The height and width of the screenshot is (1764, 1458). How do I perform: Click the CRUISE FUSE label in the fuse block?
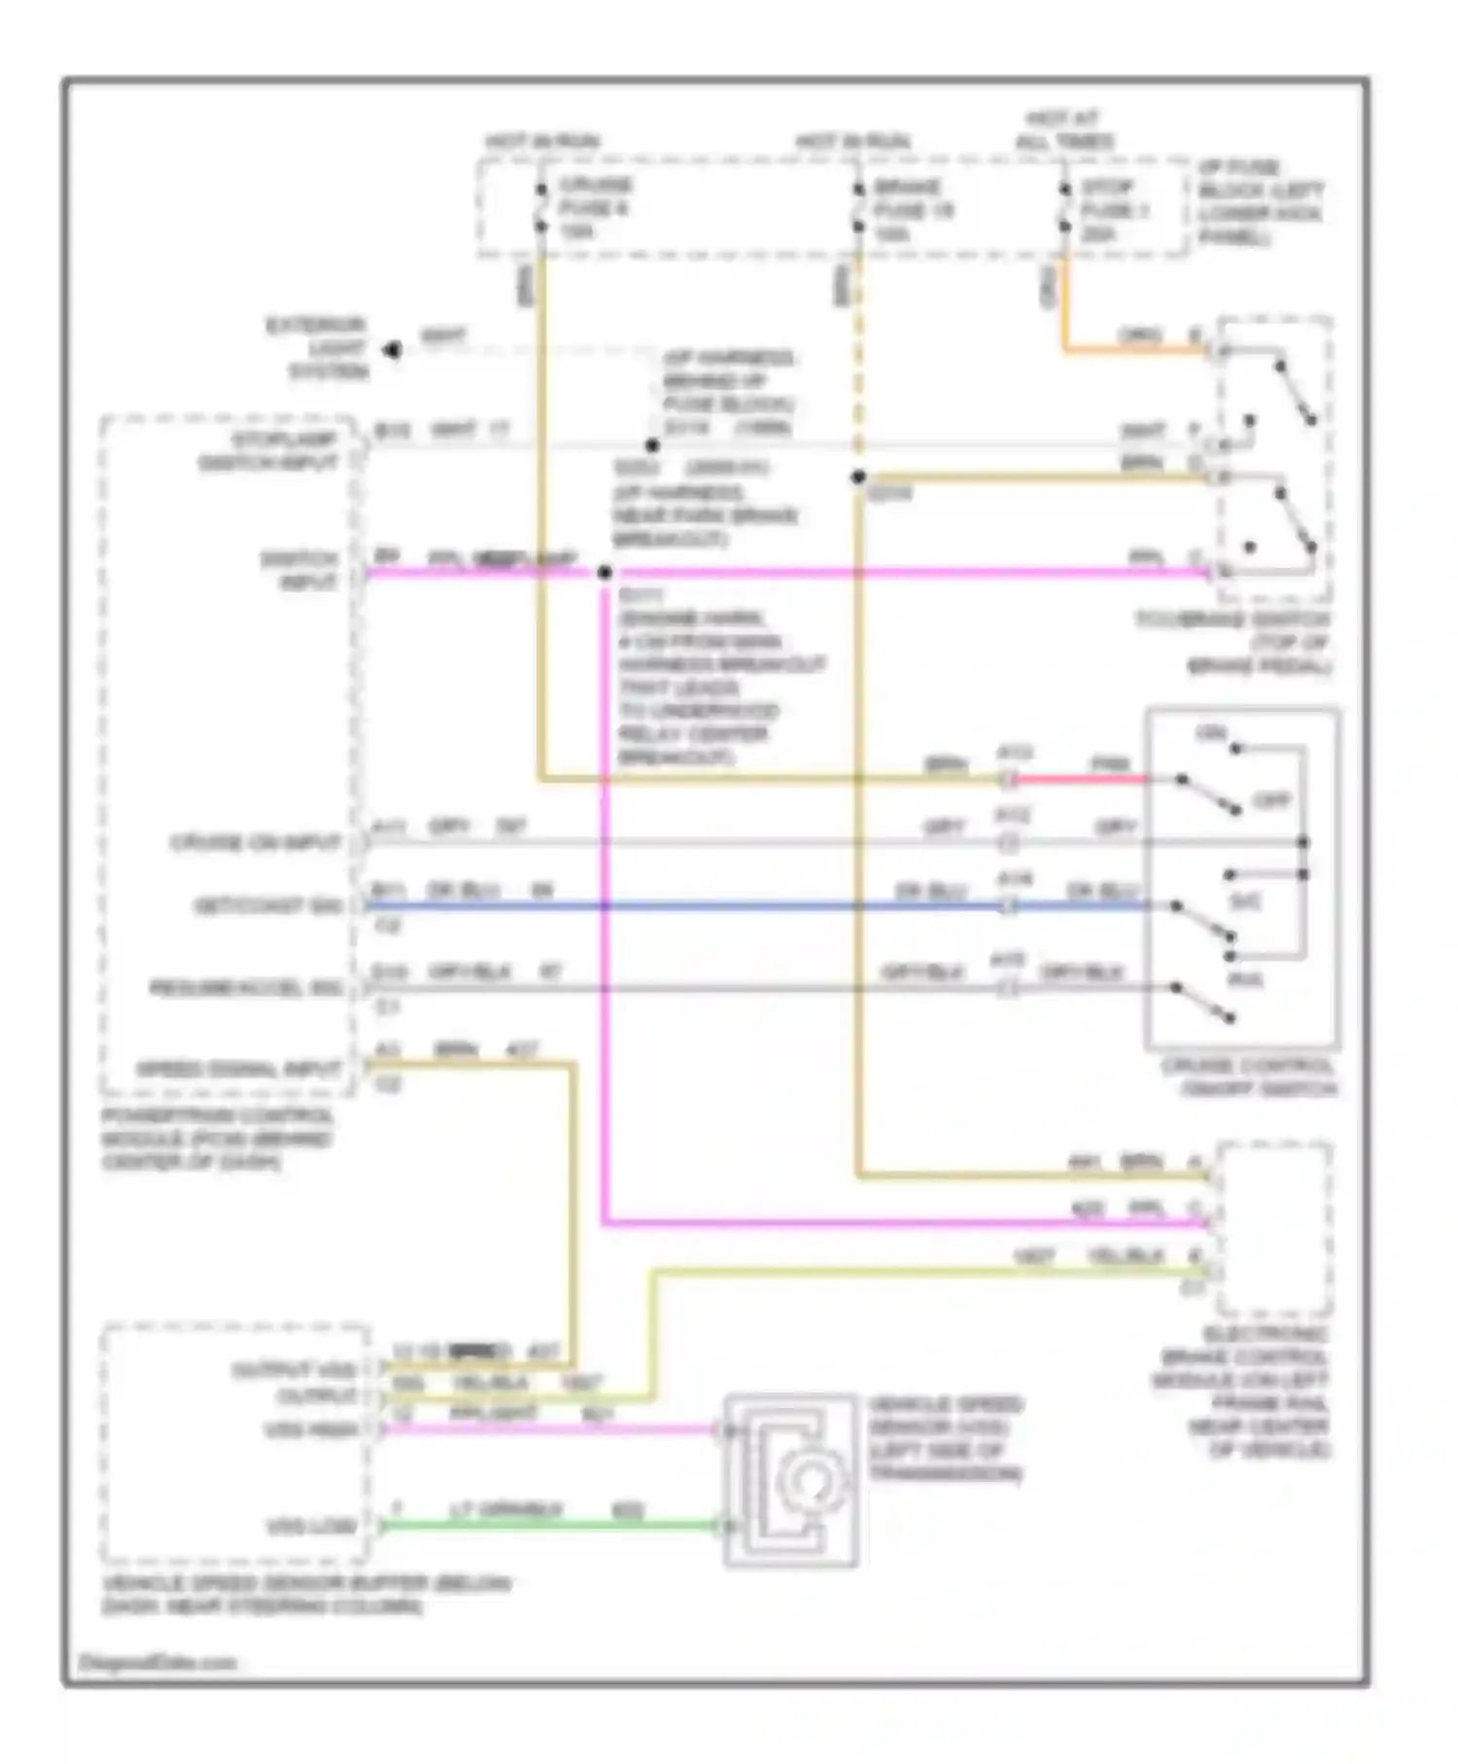click(594, 207)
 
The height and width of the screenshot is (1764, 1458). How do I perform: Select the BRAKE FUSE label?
click(912, 209)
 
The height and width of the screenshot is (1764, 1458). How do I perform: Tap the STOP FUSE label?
click(1114, 210)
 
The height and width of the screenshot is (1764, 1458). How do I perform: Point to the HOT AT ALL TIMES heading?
click(1064, 131)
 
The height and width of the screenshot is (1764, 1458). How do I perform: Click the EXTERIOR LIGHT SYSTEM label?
click(317, 348)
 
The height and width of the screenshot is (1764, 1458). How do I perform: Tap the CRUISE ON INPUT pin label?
click(256, 842)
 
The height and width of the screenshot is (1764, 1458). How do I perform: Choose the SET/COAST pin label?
click(267, 906)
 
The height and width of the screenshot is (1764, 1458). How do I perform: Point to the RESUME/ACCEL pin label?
click(246, 988)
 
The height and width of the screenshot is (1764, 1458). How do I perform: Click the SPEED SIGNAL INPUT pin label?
click(238, 1069)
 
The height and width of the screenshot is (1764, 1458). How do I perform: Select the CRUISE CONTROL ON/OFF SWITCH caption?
click(1249, 1077)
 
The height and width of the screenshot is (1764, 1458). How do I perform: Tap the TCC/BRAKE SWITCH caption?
click(1234, 643)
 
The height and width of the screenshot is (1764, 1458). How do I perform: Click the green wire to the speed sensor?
click(549, 1526)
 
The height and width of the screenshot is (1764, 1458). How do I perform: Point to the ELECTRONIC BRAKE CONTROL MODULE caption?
click(1243, 1392)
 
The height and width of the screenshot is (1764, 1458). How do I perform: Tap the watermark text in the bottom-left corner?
click(156, 1663)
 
